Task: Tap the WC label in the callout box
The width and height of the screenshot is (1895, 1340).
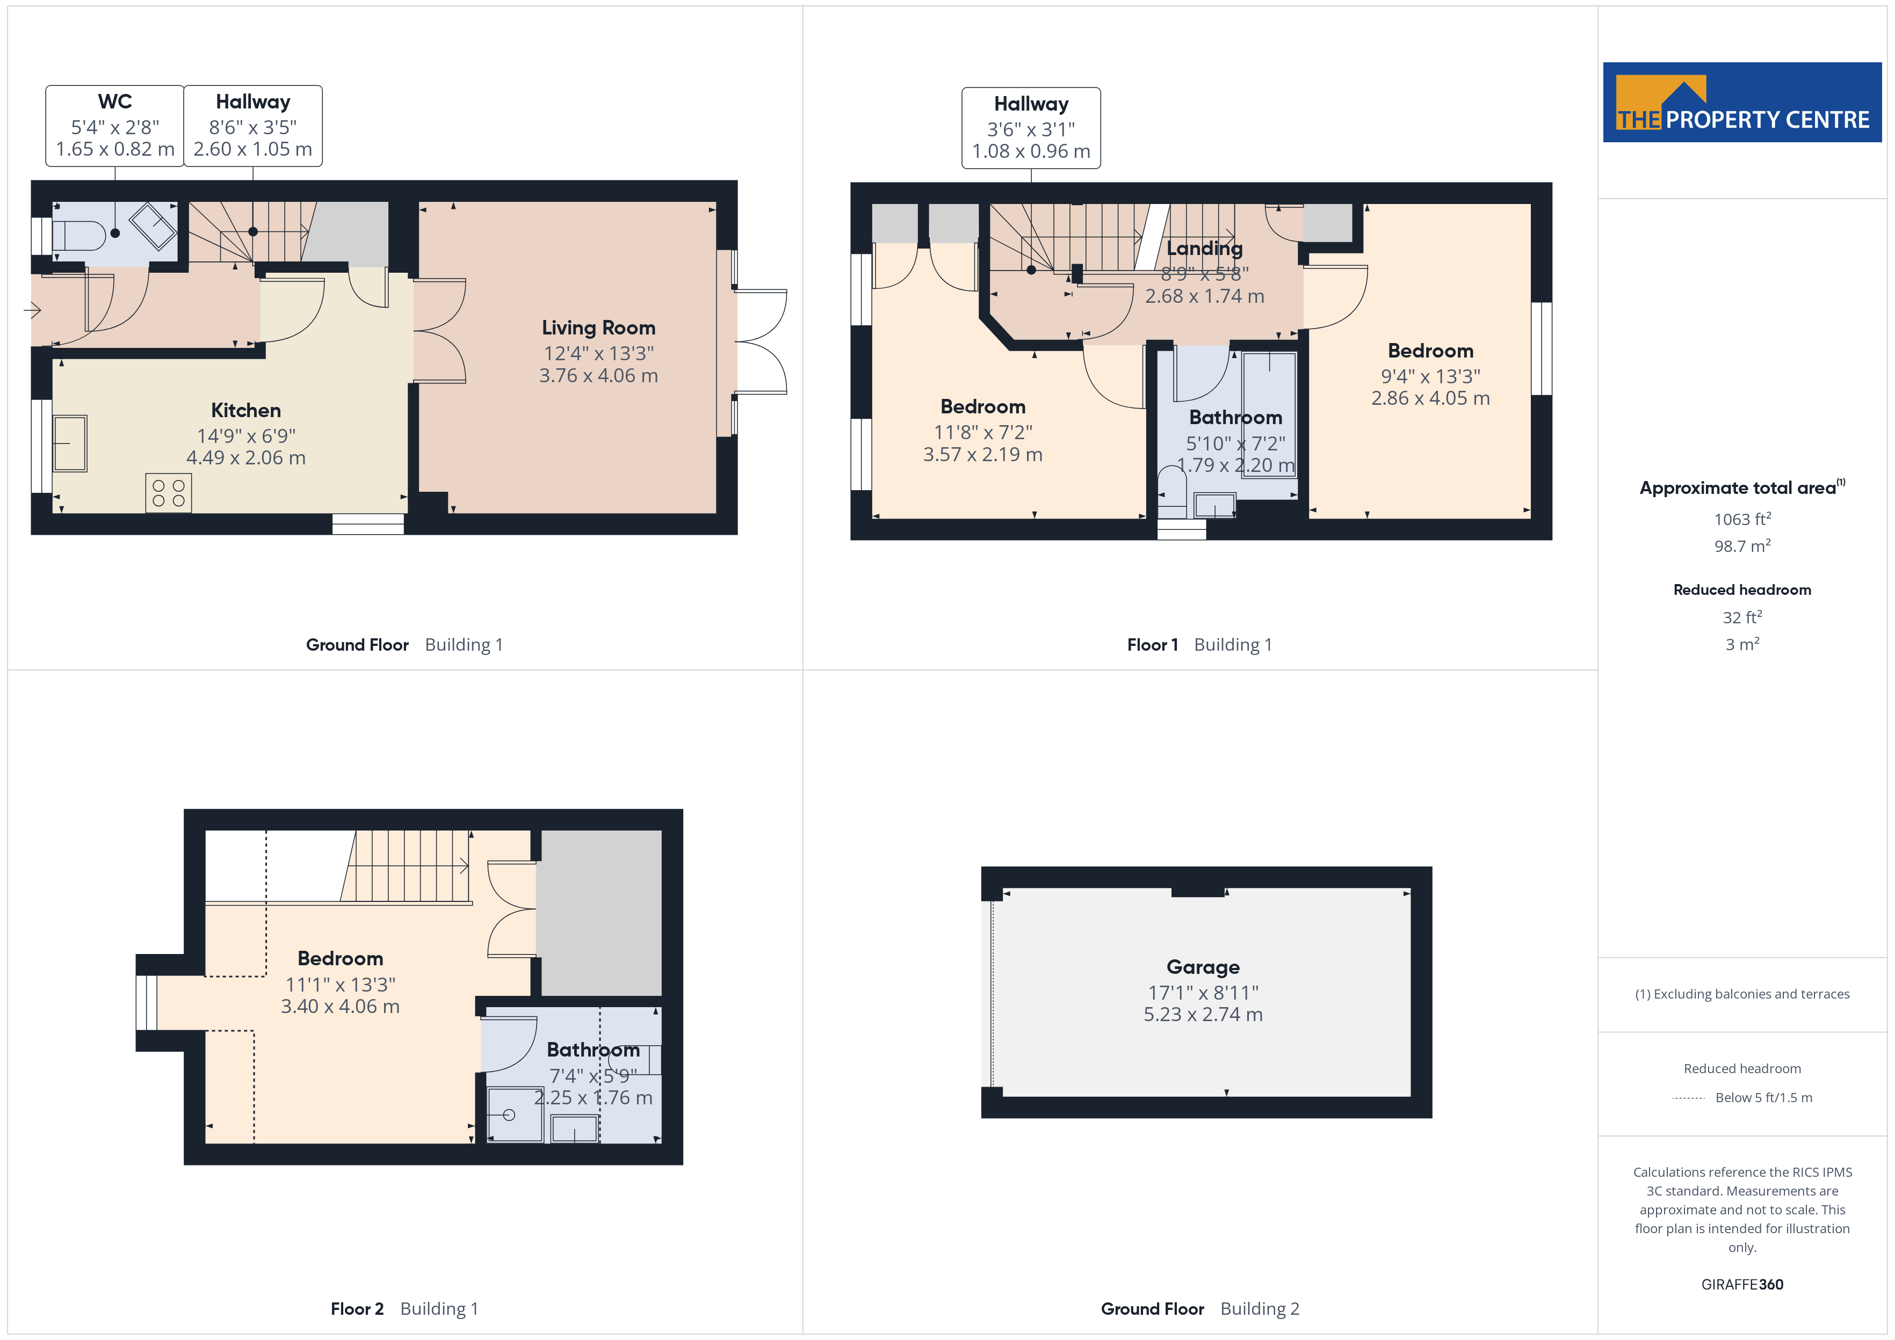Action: [x=115, y=101]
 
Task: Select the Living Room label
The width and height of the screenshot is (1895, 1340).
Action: [x=598, y=327]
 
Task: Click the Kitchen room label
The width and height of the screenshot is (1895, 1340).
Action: [x=246, y=410]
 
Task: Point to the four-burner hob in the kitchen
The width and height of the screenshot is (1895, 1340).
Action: [x=168, y=493]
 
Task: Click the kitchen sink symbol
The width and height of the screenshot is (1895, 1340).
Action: [x=70, y=443]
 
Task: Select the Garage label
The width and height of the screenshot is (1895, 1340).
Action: [x=1203, y=966]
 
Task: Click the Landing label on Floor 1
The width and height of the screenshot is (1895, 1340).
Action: [x=1204, y=249]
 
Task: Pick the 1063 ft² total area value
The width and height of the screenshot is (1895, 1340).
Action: [x=1742, y=519]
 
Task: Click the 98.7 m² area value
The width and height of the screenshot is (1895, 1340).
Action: [x=1742, y=546]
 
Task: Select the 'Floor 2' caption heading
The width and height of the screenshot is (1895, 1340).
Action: [x=357, y=1309]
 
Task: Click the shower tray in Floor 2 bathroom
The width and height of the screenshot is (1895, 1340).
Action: [x=515, y=1115]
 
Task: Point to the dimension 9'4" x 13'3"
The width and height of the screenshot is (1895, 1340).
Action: [x=1430, y=376]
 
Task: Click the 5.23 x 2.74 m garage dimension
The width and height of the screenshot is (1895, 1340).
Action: [x=1203, y=1014]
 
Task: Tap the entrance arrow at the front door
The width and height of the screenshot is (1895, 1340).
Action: [x=32, y=310]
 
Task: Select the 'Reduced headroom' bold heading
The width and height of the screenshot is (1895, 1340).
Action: [x=1742, y=590]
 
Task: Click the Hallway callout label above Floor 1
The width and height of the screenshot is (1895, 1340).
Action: [x=1031, y=104]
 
